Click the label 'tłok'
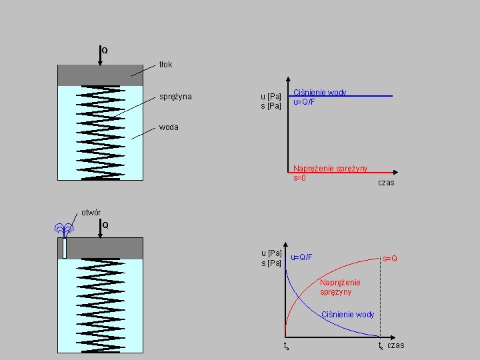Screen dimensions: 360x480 [x=165, y=65]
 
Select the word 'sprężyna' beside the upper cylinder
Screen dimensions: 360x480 [x=175, y=97]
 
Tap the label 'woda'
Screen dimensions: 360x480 [x=169, y=127]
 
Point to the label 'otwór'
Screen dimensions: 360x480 [x=91, y=213]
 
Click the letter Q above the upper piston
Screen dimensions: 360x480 [x=105, y=51]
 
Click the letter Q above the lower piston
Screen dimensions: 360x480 [x=105, y=225]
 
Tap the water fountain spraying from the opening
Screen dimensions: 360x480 [x=64, y=230]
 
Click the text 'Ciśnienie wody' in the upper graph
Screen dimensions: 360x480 [x=319, y=93]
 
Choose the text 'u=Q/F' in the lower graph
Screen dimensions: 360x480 [x=302, y=257]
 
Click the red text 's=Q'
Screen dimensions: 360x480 [x=390, y=258]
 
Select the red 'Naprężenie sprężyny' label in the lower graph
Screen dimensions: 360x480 [x=340, y=287]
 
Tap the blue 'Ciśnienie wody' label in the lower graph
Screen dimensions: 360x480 [x=348, y=315]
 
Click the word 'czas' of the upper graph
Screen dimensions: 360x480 [x=386, y=183]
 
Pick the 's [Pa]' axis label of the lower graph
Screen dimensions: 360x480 [x=271, y=263]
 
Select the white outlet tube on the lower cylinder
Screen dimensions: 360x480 [x=65, y=248]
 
